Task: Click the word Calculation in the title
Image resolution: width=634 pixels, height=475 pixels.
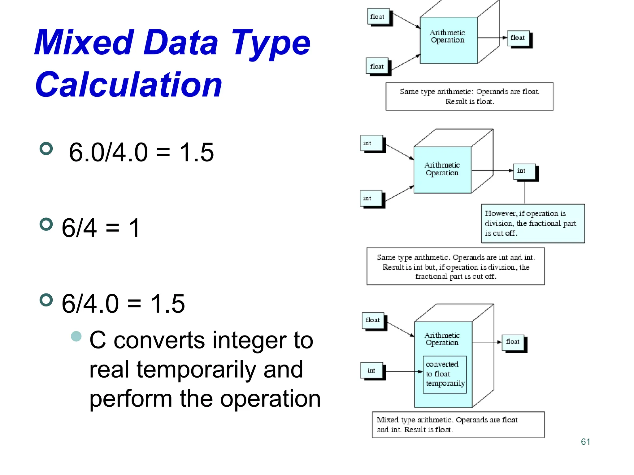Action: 128,84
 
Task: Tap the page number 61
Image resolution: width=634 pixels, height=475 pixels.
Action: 585,442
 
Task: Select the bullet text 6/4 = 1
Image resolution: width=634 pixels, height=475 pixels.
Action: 101,228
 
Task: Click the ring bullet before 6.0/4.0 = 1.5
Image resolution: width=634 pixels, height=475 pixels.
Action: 46,149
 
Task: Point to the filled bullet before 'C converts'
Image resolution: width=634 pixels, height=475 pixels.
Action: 76,336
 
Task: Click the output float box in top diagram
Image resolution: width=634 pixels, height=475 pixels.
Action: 518,38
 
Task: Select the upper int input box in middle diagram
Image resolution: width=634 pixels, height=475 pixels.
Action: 371,143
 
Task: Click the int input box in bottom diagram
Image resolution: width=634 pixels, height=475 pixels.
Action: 371,370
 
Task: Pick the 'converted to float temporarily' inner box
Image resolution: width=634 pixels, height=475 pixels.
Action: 445,374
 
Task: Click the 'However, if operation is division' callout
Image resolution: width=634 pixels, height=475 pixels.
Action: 532,223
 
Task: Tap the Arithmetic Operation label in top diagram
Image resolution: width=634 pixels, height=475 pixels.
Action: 448,36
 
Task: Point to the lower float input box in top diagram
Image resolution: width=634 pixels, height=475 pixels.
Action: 377,66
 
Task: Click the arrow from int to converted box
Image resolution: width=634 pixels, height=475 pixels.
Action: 402,371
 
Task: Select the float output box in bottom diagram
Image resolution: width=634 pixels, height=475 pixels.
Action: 513,342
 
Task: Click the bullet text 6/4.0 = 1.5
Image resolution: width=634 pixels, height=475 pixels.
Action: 123,304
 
